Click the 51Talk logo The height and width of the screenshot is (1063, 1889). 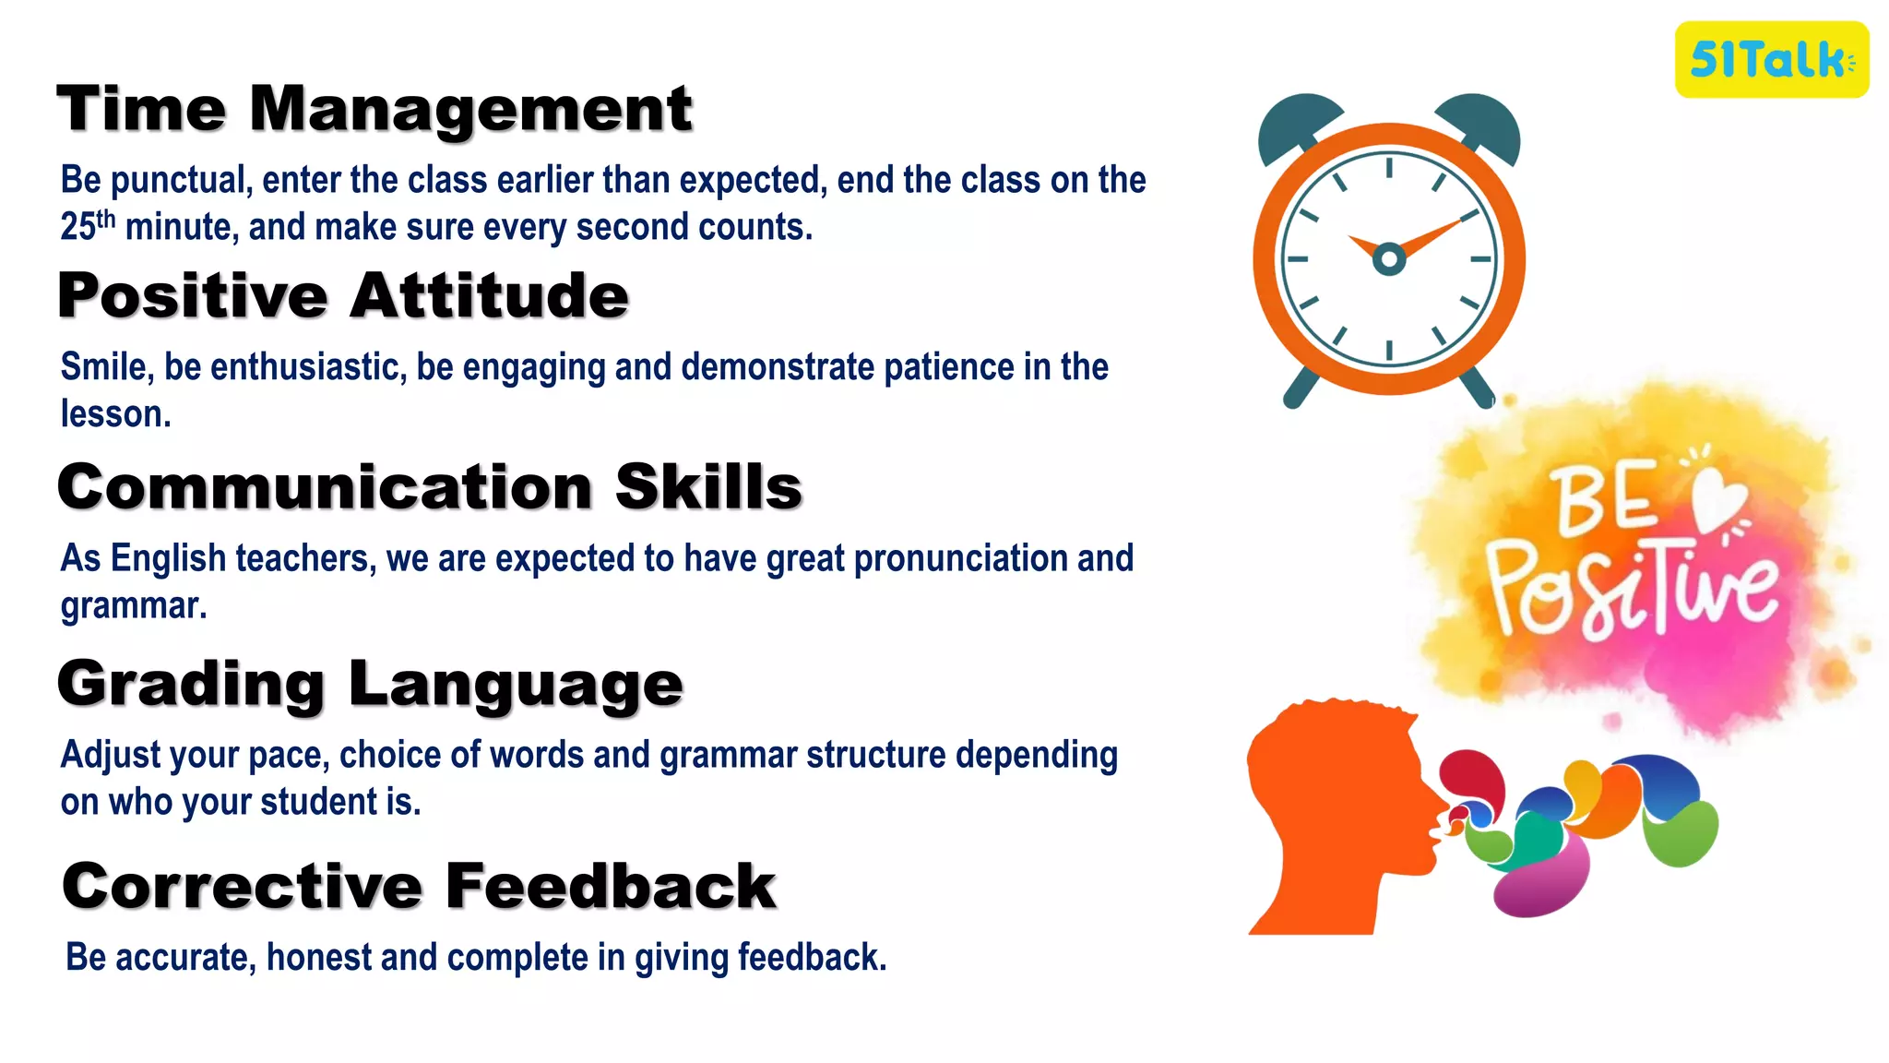[x=1771, y=60]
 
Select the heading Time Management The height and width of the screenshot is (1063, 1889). [x=374, y=109]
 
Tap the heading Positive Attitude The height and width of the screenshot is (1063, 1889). [x=343, y=296]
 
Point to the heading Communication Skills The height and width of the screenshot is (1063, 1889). [x=429, y=487]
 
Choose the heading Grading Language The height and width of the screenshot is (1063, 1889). [x=370, y=685]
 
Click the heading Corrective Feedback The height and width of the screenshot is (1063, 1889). [x=419, y=887]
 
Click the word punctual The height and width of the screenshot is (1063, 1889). [x=181, y=181]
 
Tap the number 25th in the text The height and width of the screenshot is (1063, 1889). [x=88, y=226]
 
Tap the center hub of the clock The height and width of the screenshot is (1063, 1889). [x=1389, y=259]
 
